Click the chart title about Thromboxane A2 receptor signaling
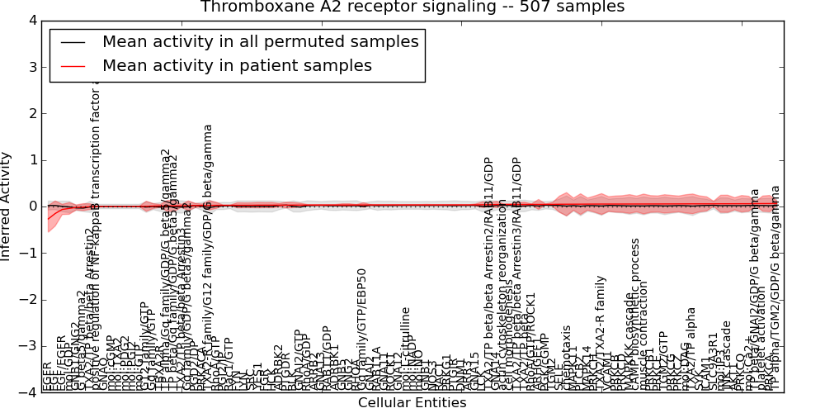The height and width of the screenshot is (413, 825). [x=412, y=7]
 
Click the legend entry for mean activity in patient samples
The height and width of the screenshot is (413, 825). [x=237, y=65]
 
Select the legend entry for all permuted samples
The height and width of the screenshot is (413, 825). [x=260, y=41]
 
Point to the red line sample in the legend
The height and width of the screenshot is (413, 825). [x=71, y=66]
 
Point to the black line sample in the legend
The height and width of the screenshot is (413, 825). [x=71, y=42]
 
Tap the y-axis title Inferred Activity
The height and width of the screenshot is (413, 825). [x=7, y=206]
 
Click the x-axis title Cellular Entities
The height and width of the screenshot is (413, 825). [x=412, y=403]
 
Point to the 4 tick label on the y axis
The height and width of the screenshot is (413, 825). [x=31, y=21]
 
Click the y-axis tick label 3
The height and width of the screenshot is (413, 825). [x=31, y=67]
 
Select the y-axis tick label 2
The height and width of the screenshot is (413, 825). [x=31, y=113]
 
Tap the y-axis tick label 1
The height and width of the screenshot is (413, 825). [x=31, y=160]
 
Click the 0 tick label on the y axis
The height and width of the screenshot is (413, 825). [x=31, y=206]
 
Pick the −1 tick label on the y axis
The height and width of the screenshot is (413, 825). [x=27, y=253]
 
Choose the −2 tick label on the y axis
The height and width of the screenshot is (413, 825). [x=27, y=299]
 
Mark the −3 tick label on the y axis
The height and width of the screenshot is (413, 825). [x=27, y=346]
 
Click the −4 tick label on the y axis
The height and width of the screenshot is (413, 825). [x=27, y=392]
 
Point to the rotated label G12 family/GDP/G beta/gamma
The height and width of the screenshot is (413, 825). [x=208, y=256]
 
